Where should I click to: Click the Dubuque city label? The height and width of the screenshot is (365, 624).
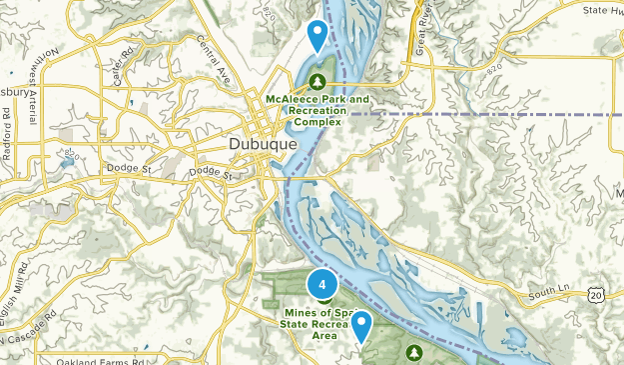pos(263,145)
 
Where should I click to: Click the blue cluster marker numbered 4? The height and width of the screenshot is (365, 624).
pos(322,284)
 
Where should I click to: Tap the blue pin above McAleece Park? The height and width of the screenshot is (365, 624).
pos(317,36)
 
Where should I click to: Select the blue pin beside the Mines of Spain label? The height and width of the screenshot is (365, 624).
pos(360,326)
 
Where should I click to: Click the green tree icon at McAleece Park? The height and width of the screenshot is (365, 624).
pos(317,81)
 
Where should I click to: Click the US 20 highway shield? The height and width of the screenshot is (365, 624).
pos(596,294)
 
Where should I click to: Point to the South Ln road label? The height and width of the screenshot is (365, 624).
pos(549,292)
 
